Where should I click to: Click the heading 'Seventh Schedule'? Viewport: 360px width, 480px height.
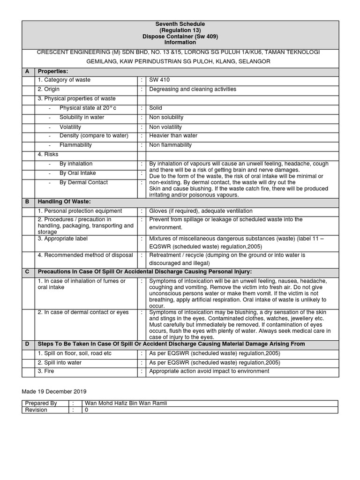tap(180, 24)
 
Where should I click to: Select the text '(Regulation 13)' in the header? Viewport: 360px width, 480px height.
tap(180, 30)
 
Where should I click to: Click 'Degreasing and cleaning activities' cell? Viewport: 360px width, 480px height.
tap(193, 89)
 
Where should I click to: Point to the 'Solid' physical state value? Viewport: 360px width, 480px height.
tap(156, 108)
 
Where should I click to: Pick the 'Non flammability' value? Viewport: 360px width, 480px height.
tap(171, 145)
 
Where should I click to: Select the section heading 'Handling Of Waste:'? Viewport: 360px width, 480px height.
tap(64, 202)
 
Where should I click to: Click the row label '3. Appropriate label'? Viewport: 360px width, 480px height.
tap(63, 239)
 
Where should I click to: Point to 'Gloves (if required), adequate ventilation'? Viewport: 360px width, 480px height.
tap(201, 211)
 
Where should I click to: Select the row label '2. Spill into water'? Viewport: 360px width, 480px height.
tap(60, 362)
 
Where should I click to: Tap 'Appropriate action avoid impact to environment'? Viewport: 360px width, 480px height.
tap(209, 371)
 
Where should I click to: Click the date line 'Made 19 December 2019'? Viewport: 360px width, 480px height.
tap(54, 391)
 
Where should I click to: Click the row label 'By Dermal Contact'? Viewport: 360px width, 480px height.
tap(83, 183)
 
